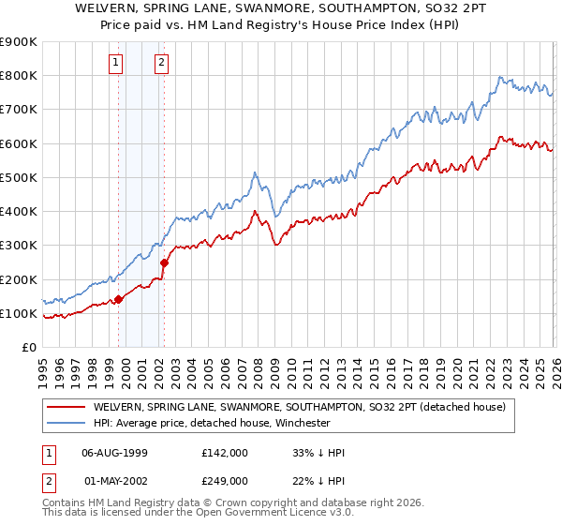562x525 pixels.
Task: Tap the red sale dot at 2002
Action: point(164,262)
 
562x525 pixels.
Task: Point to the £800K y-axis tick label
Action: point(19,76)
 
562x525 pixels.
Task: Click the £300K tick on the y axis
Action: point(19,246)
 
